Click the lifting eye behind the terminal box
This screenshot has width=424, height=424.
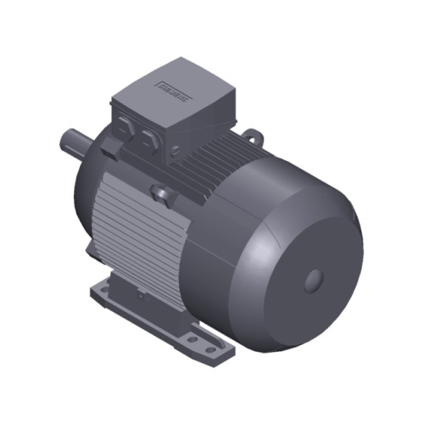[x=252, y=133]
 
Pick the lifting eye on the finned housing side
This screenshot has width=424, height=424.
[x=160, y=197]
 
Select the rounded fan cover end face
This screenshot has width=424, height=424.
[x=297, y=271]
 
